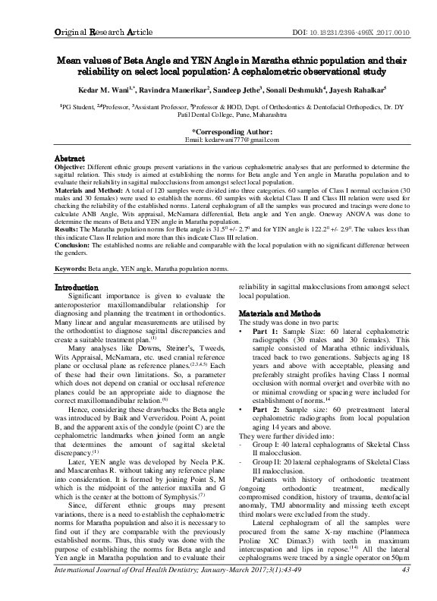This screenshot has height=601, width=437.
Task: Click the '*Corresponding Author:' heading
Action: coord(218,131)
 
